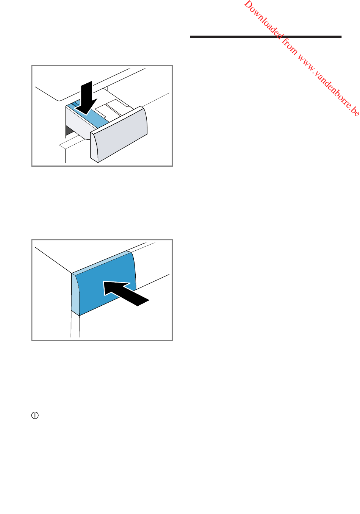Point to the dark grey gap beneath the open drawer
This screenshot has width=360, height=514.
coord(69,130)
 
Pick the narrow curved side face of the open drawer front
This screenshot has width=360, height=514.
coord(94,147)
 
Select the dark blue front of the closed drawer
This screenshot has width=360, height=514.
coord(106,284)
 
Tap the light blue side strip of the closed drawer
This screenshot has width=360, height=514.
coord(75,295)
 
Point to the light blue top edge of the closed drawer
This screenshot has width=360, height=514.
coord(102,262)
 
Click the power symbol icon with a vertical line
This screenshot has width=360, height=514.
coord(35,416)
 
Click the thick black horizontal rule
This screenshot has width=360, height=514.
coord(266,37)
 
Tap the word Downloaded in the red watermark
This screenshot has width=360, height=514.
coord(263,19)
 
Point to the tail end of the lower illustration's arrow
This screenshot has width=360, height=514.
coord(143,303)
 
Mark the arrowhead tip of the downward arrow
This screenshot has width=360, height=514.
coord(86,115)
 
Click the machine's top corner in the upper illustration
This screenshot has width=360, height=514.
coord(59,101)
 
